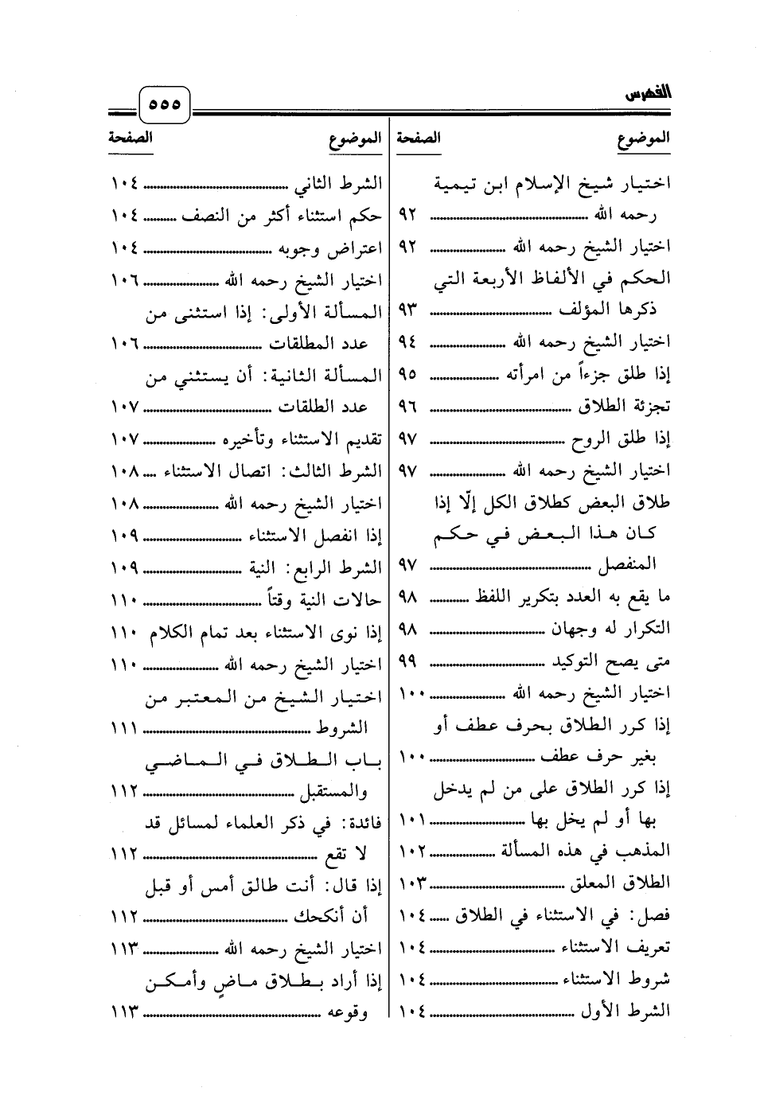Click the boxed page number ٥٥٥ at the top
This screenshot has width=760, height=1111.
point(165,104)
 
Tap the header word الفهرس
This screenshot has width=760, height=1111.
point(648,95)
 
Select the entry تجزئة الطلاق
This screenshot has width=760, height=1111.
point(624,406)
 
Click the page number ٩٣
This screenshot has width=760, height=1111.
point(407,310)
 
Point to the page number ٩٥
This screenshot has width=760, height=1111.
point(407,374)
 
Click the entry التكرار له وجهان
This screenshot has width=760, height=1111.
point(611,629)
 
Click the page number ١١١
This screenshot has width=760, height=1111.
point(125,728)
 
